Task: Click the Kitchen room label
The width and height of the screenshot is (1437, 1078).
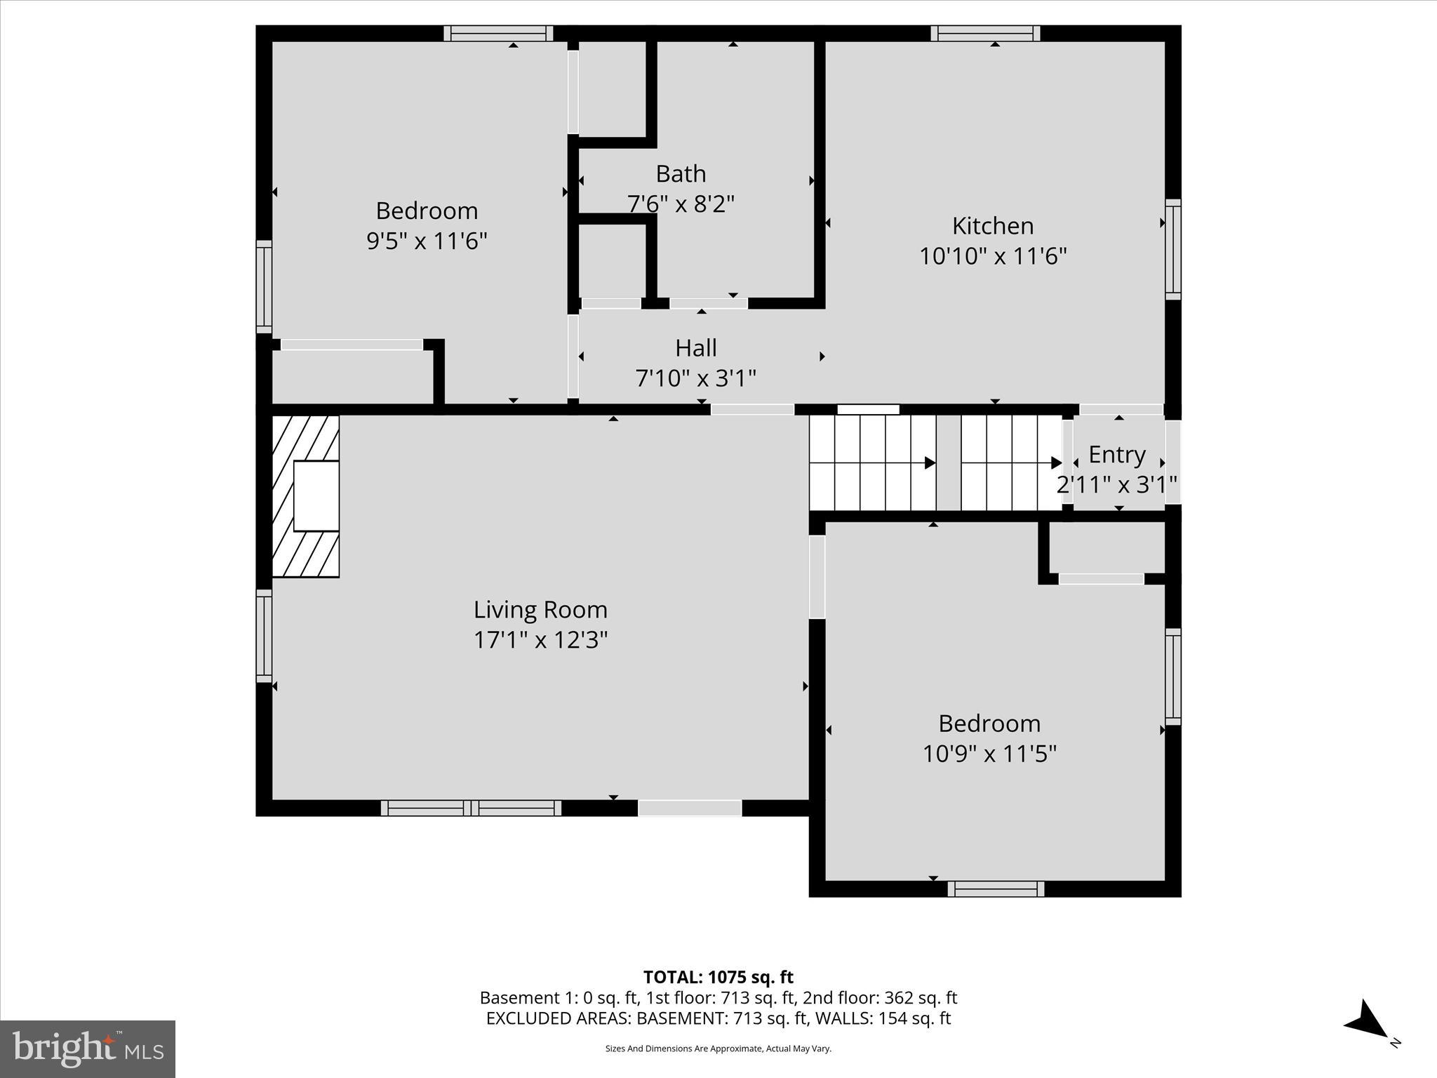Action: point(992,226)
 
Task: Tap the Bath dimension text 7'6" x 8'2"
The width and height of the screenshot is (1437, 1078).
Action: point(681,204)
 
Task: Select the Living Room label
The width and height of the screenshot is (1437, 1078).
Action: point(540,609)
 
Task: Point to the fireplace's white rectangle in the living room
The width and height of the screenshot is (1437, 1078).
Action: point(316,495)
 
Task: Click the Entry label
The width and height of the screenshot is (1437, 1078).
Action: point(1117,455)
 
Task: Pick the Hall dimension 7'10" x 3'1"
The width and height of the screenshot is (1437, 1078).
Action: point(695,378)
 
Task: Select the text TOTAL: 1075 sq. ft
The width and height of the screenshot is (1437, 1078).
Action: point(718,977)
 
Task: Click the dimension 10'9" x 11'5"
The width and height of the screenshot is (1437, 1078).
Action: point(989,754)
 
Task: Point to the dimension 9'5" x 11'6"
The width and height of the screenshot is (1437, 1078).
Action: point(427,241)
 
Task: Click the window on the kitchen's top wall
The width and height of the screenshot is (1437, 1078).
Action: point(985,33)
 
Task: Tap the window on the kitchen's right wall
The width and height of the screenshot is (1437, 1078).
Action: point(1173,249)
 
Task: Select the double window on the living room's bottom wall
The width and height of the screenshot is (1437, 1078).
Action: point(471,808)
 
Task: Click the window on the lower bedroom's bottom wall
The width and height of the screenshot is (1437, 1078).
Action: point(996,889)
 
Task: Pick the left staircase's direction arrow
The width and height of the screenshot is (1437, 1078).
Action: point(930,463)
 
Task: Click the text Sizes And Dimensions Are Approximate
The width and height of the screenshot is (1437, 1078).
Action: point(718,1049)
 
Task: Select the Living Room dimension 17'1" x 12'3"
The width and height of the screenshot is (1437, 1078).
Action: point(540,640)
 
